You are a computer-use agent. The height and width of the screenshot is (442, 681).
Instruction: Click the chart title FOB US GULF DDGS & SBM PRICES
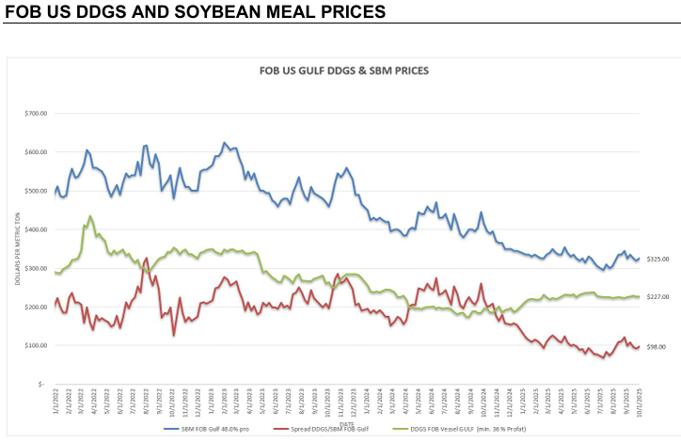coord(343,71)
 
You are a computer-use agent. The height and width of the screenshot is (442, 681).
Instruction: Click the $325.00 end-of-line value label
coord(656,259)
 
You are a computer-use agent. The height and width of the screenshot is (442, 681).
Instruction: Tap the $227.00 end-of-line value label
coord(656,297)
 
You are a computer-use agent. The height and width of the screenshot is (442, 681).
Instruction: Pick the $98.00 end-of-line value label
coord(656,347)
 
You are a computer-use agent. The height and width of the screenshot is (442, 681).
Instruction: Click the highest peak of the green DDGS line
coord(89,216)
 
